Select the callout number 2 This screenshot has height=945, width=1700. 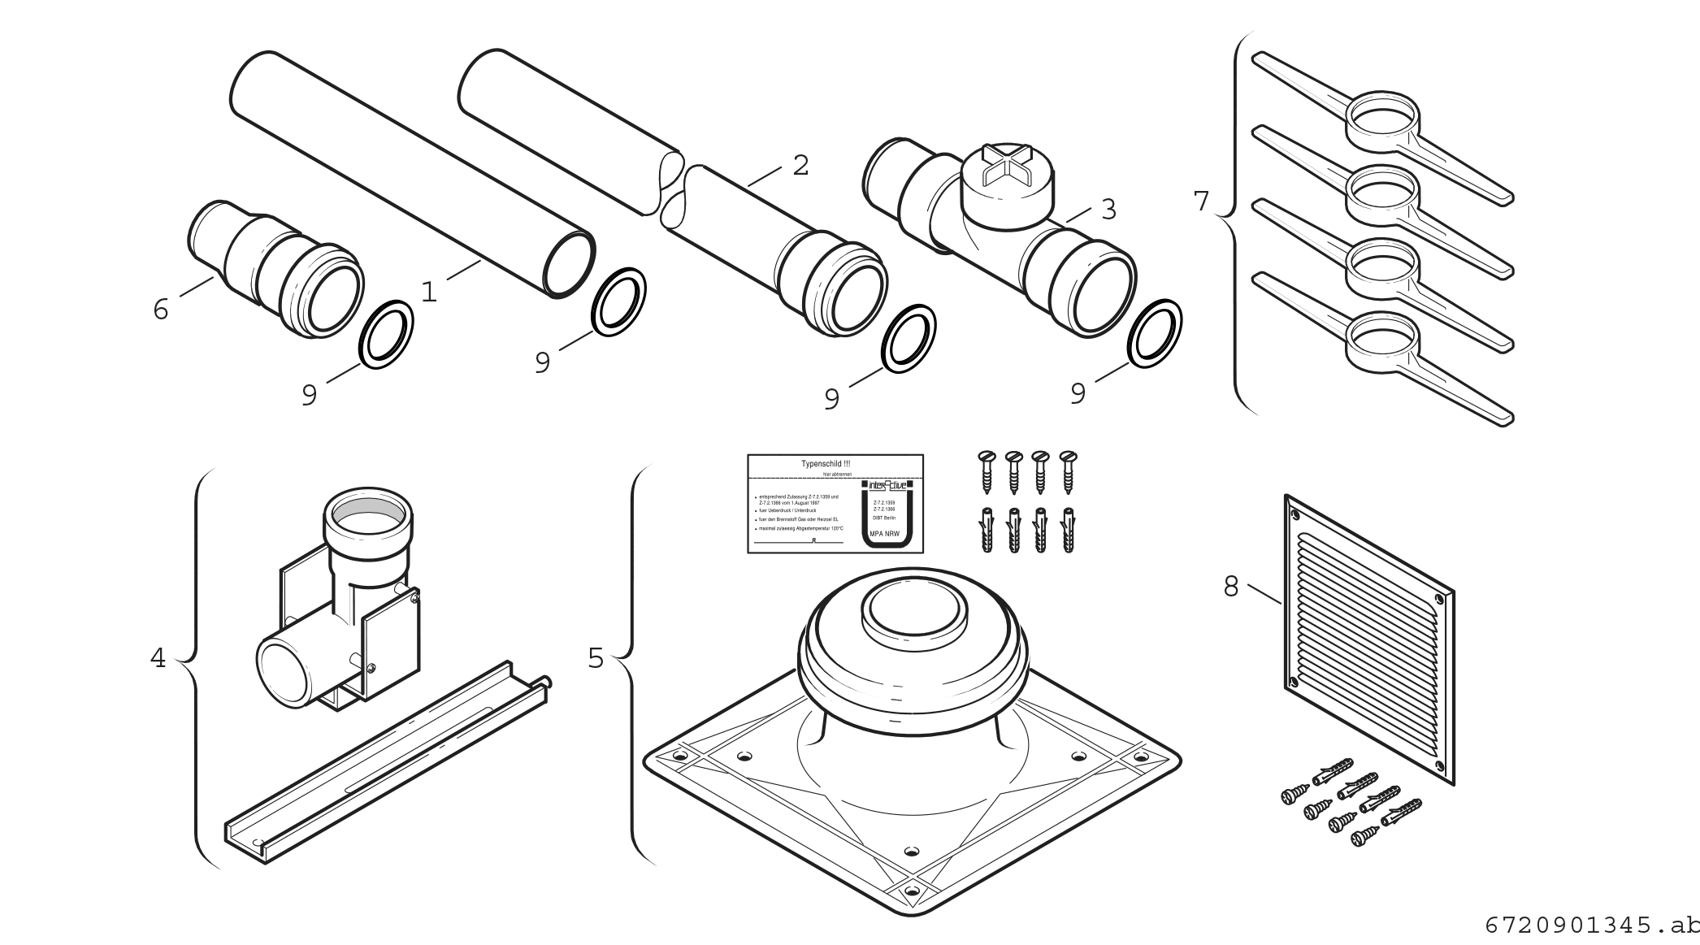800,166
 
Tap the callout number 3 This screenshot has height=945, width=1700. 1108,210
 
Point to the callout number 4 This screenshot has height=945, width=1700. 158,658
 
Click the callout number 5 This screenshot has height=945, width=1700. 596,658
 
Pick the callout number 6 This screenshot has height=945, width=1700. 161,309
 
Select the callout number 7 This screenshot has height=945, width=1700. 1201,201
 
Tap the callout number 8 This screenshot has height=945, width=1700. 1231,587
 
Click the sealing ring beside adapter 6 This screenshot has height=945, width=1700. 386,334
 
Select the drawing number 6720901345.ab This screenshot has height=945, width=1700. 1591,925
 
